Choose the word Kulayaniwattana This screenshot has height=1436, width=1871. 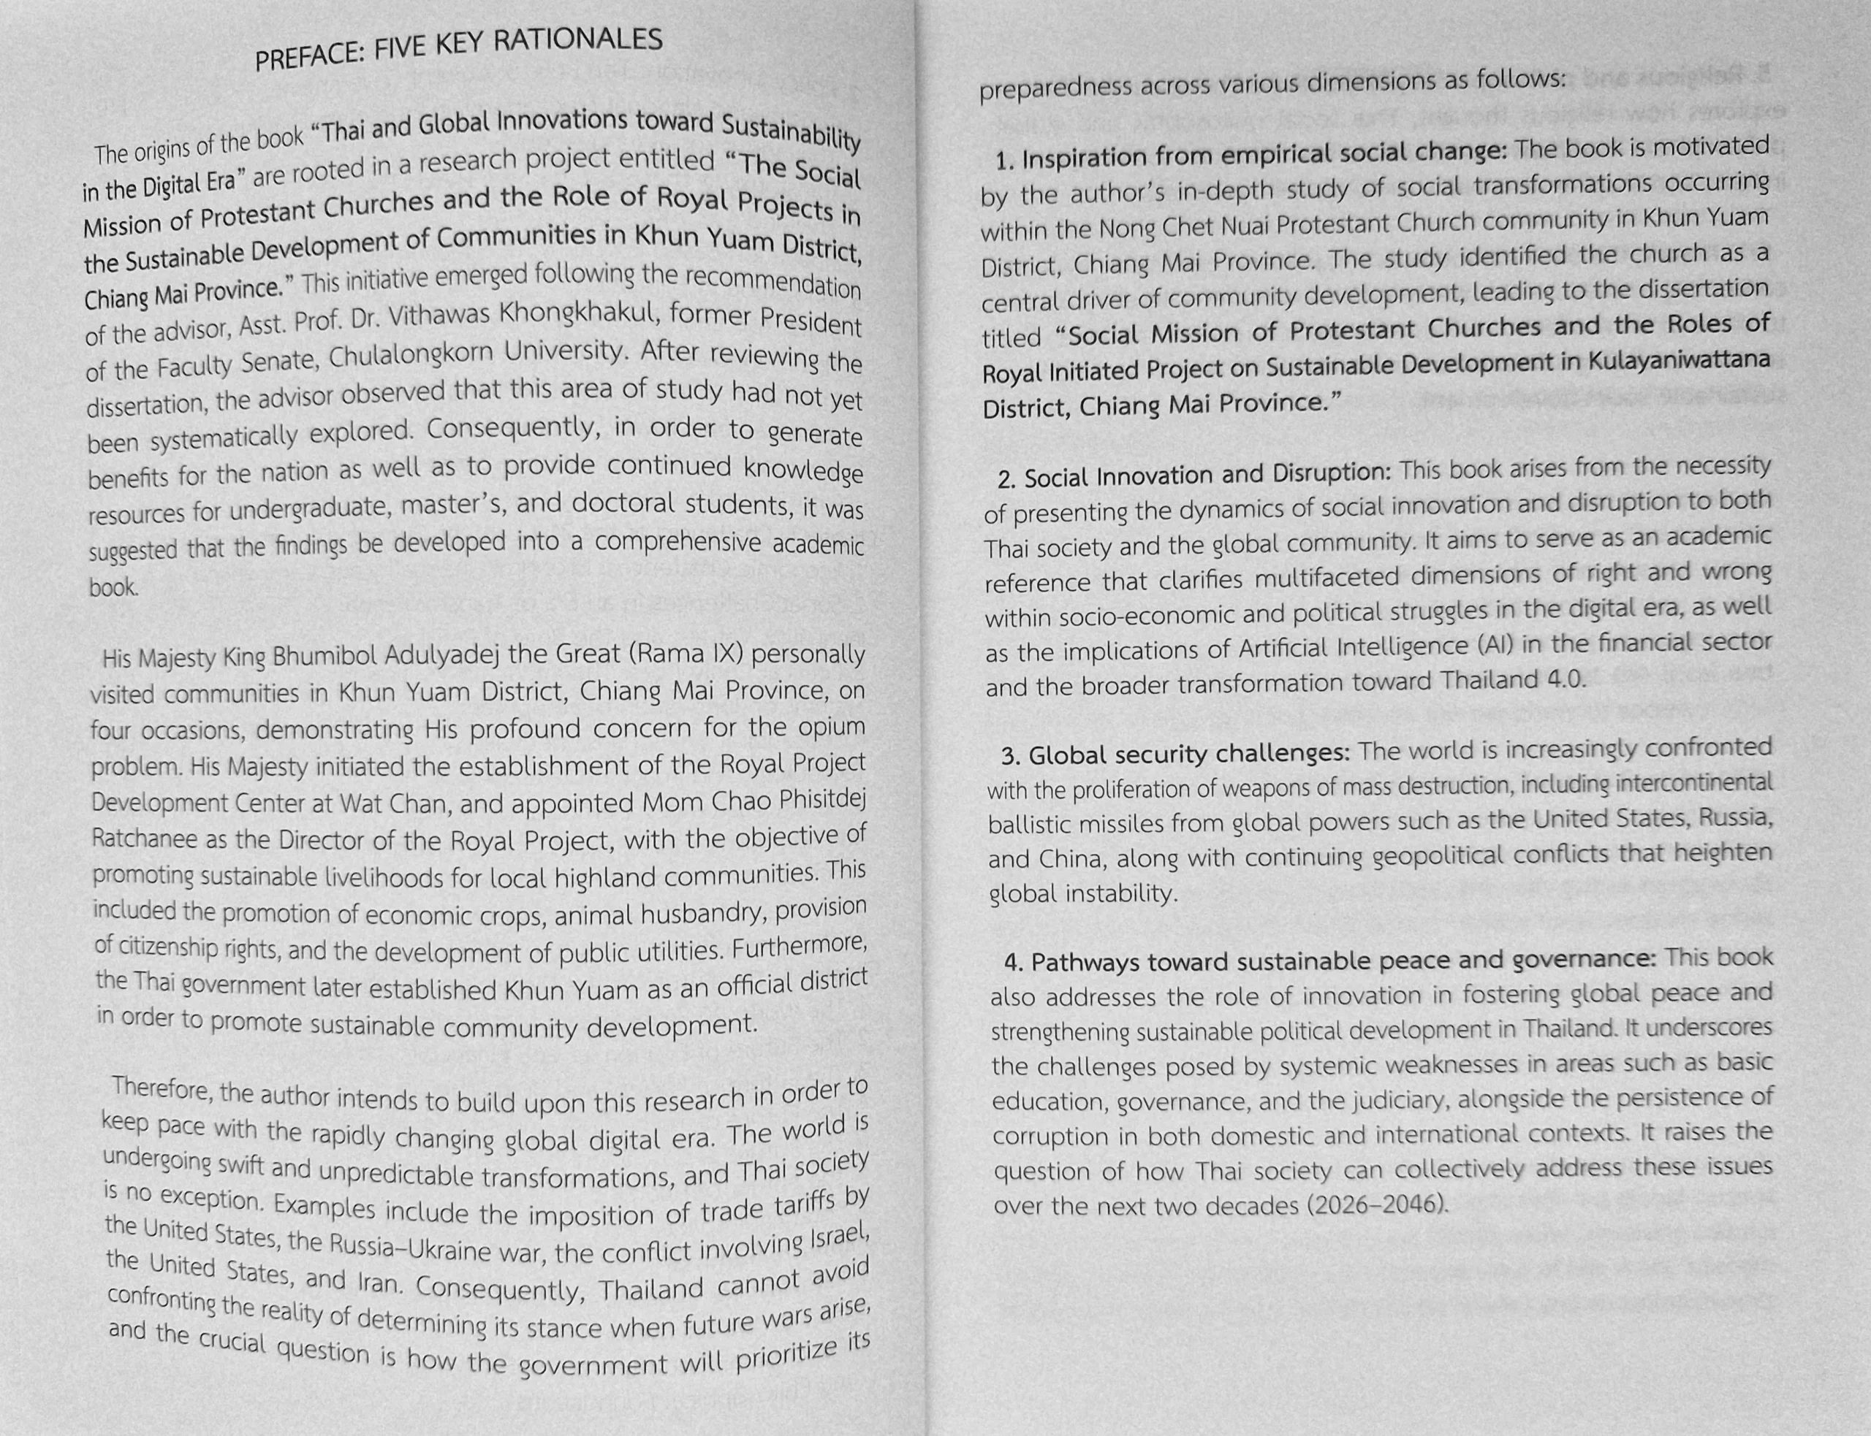1678,361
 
